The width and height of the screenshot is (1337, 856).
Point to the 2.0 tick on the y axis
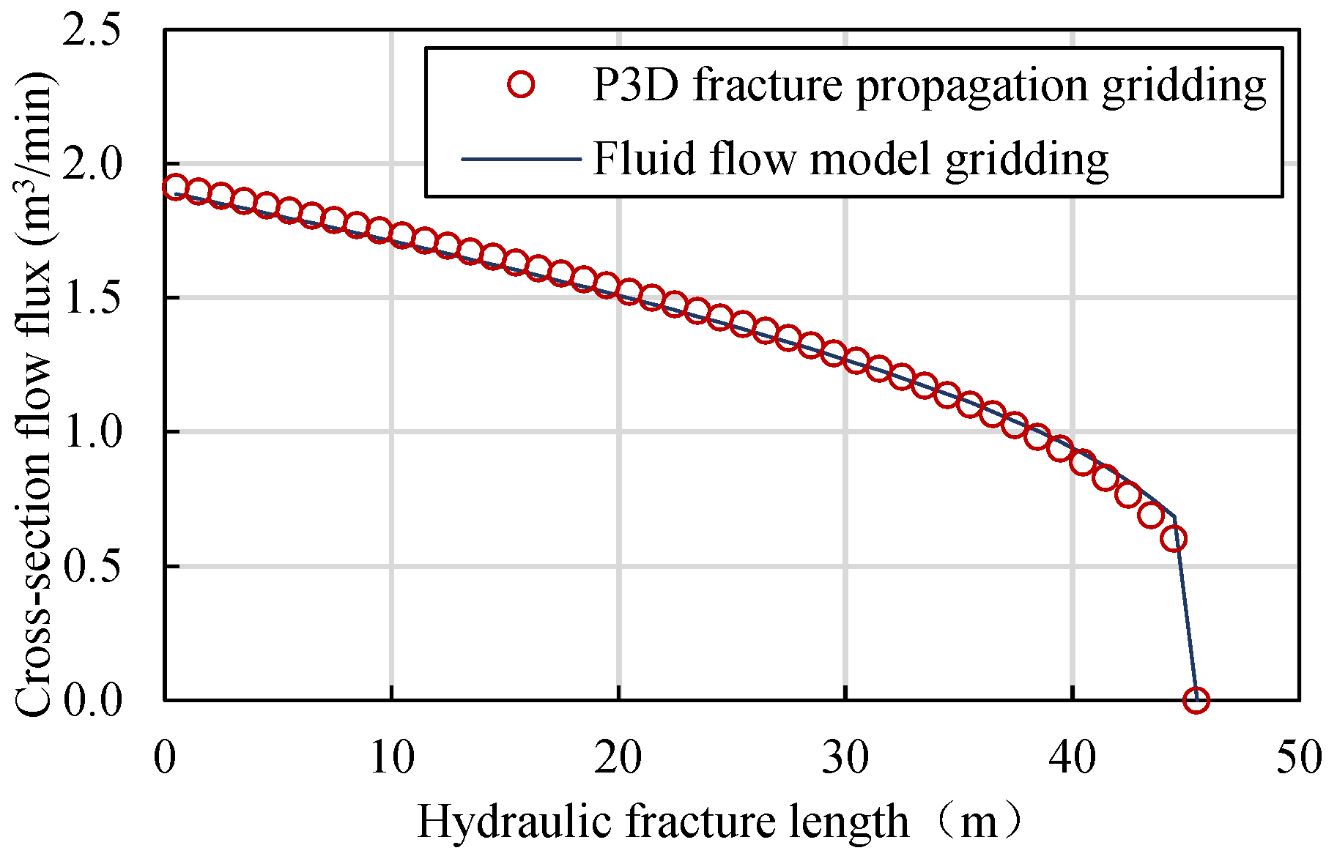[91, 164]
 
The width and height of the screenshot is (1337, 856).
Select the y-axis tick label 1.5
[91, 298]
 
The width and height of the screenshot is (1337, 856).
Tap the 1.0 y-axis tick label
[91, 432]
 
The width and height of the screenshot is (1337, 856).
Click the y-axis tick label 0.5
[91, 566]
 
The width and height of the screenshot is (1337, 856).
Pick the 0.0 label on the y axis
[91, 700]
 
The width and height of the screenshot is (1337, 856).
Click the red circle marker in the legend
[521, 85]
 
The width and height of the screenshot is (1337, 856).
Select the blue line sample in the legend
[521, 159]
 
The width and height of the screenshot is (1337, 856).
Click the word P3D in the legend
[634, 86]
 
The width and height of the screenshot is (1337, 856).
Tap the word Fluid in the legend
[643, 158]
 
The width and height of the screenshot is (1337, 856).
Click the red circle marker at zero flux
[1196, 700]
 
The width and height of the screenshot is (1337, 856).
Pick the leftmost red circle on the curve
[175, 187]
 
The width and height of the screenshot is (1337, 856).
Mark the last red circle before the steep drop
[1174, 539]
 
